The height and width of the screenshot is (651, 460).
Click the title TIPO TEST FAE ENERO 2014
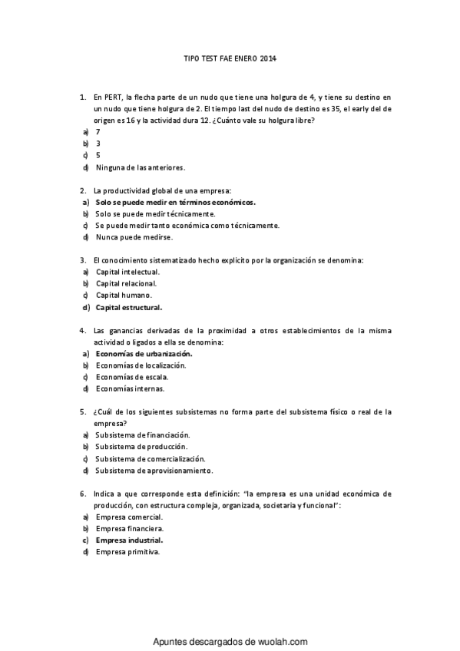pyautogui.click(x=230, y=58)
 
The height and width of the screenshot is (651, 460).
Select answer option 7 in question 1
pyautogui.click(x=98, y=131)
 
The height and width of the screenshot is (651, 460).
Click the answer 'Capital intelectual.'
pyautogui.click(x=127, y=272)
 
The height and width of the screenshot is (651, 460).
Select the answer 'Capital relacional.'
pyautogui.click(x=127, y=283)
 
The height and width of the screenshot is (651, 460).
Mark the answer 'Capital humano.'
pyautogui.click(x=124, y=295)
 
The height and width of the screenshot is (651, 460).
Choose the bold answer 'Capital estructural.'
pyautogui.click(x=129, y=307)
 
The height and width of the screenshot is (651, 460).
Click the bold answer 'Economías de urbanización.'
pyautogui.click(x=144, y=354)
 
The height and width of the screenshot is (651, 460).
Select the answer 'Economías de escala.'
pyautogui.click(x=131, y=377)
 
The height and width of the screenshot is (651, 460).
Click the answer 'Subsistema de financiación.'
pyautogui.click(x=143, y=435)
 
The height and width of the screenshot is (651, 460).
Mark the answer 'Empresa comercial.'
pyautogui.click(x=129, y=517)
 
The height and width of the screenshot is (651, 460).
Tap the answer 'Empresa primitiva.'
pyautogui.click(x=127, y=552)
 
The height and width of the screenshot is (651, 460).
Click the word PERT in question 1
pyautogui.click(x=113, y=97)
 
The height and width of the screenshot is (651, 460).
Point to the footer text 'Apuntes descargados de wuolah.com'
pyautogui.click(x=230, y=641)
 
